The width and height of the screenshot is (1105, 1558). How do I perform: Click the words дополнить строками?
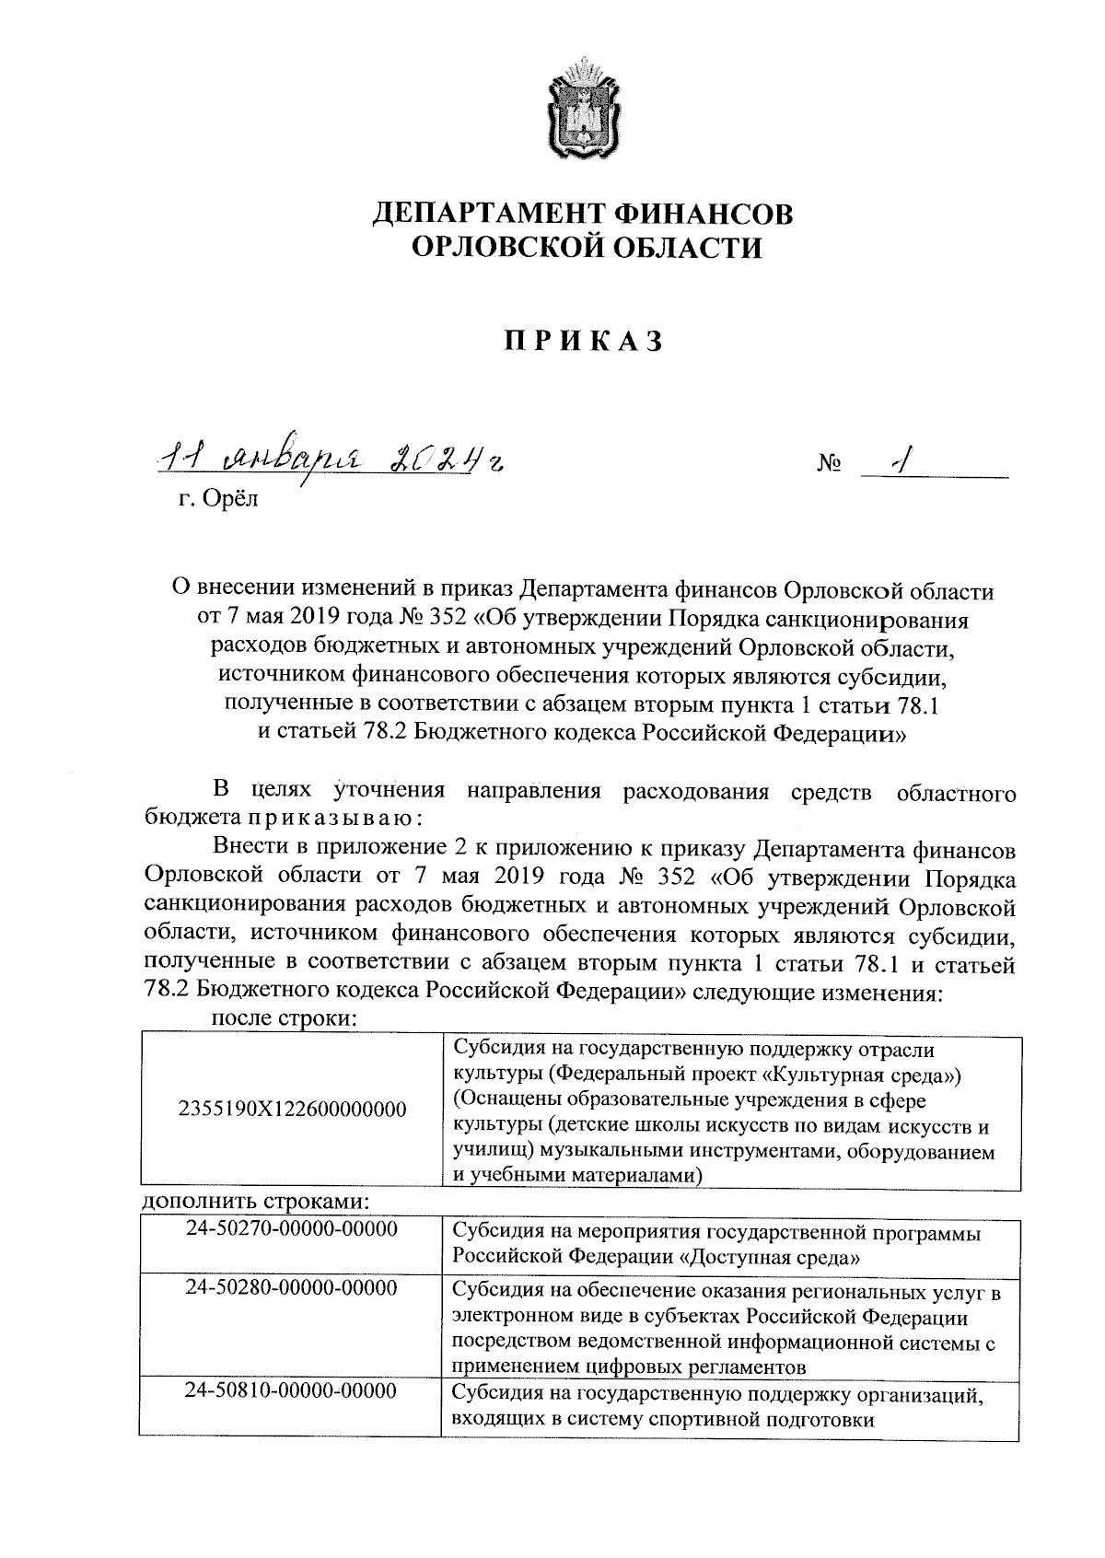tap(256, 1203)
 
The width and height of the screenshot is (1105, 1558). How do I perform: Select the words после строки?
tap(284, 1019)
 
